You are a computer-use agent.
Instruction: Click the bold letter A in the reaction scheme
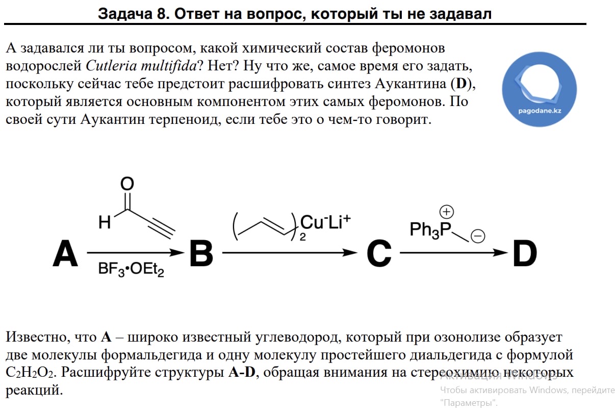point(65,253)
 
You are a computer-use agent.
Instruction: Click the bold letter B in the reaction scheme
point(201,253)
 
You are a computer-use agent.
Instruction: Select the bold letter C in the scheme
point(379,253)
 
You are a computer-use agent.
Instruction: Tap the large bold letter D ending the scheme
point(525,253)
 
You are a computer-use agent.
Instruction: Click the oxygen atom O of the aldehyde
point(127,184)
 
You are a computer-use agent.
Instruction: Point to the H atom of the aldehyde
point(105,222)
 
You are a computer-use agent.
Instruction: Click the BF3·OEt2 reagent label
point(131,269)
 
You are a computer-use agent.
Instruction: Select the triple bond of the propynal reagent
point(162,227)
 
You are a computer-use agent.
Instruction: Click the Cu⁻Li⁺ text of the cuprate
point(325,222)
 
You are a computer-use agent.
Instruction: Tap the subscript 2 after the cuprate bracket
point(302,237)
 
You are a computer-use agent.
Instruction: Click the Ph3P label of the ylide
point(430,230)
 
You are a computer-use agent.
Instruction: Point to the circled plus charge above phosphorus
point(446,212)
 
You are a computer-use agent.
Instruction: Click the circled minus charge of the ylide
point(478,236)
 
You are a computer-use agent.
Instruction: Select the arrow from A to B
point(136,252)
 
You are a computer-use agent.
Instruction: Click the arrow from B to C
point(290,252)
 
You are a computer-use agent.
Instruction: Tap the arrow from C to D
point(454,252)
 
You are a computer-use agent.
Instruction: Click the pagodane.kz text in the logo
point(540,111)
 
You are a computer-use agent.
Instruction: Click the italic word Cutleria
point(111,66)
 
